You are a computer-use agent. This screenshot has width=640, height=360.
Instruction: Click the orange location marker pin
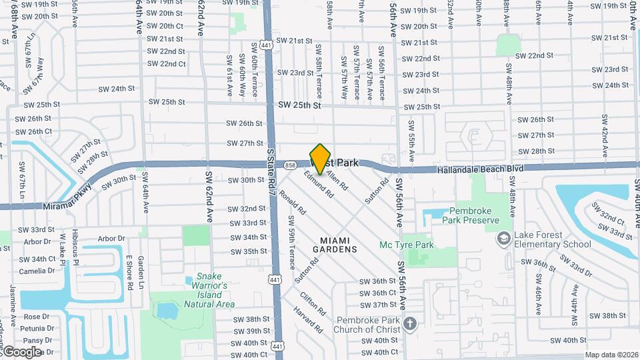321,159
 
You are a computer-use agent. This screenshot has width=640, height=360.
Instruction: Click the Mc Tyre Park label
407,245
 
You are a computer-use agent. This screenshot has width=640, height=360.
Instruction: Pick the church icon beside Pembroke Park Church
410,324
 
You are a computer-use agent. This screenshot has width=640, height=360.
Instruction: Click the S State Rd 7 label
271,172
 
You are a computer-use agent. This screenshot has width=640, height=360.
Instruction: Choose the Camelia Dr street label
37,271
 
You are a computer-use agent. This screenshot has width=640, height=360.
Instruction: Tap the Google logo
21,351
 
